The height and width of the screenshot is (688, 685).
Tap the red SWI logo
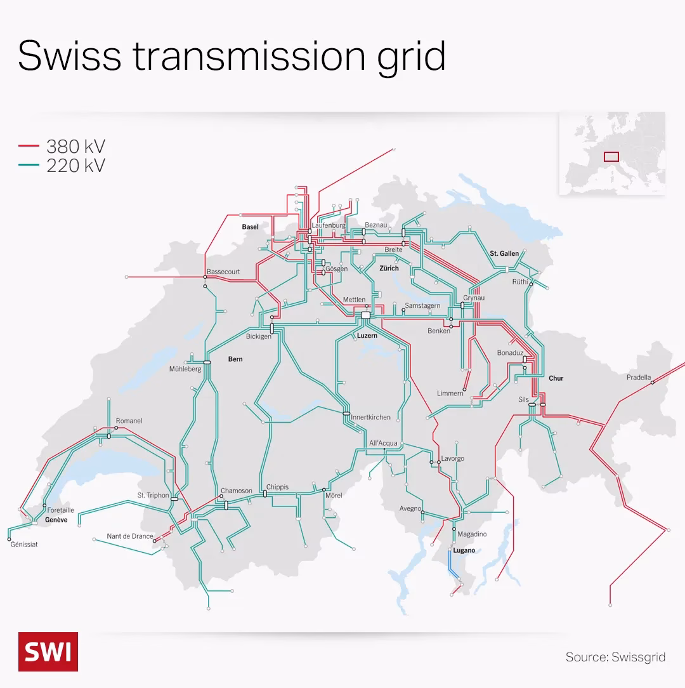(x=48, y=651)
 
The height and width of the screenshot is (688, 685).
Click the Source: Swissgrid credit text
(x=615, y=657)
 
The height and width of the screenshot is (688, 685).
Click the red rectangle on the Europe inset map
(x=611, y=156)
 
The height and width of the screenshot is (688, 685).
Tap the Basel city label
(x=250, y=227)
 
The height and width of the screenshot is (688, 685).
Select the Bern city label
(x=235, y=359)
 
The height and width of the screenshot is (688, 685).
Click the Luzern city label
(x=367, y=335)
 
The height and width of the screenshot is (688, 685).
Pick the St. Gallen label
(x=504, y=253)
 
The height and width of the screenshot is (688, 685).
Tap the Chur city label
(x=556, y=378)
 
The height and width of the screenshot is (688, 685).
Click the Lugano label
(x=464, y=550)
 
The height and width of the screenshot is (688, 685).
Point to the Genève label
(x=56, y=520)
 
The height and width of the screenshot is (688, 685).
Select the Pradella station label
(x=639, y=377)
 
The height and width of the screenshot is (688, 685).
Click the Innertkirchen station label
(x=370, y=417)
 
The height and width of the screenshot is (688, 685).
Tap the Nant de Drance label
(x=129, y=536)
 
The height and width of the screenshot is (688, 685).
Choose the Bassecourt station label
(x=223, y=272)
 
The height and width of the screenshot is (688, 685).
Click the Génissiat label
(x=24, y=544)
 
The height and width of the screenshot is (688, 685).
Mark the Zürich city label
(x=389, y=268)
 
